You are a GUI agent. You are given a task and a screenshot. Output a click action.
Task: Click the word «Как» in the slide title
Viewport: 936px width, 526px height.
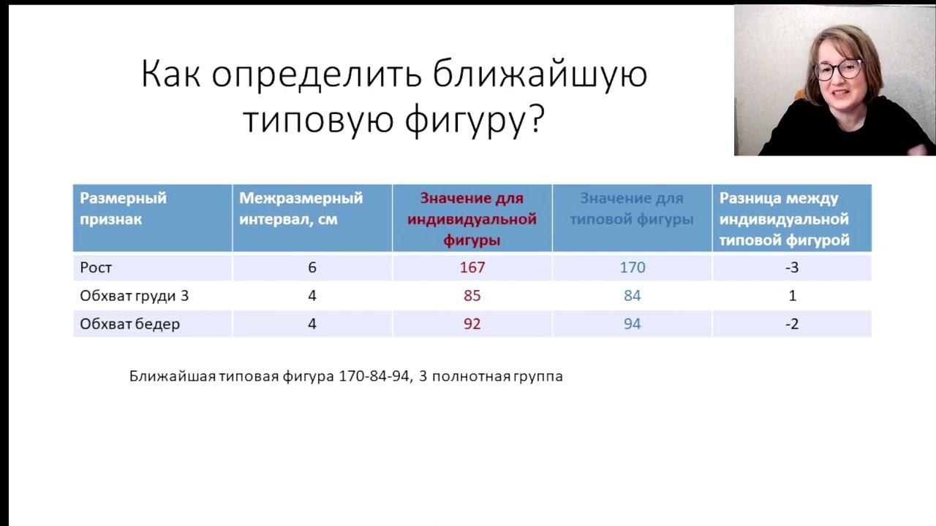point(170,75)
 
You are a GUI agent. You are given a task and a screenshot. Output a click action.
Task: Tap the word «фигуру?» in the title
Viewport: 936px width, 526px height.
point(475,119)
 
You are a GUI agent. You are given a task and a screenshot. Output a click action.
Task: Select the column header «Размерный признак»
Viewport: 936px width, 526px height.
point(123,208)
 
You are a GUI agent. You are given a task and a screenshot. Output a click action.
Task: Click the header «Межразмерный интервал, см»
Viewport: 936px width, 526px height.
point(301,208)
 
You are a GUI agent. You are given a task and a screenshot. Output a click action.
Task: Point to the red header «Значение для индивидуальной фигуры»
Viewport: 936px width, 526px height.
point(472,218)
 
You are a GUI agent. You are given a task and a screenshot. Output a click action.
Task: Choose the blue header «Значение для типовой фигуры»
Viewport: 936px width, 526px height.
point(632,208)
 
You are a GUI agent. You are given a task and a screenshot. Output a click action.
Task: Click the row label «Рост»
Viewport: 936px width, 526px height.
point(96,267)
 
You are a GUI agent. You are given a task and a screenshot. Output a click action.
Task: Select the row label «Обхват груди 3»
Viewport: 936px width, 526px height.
point(134,296)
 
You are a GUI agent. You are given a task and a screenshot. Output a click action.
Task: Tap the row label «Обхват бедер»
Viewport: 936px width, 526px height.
point(129,324)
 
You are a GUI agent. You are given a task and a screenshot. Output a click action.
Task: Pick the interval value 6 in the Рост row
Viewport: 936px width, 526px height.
point(312,267)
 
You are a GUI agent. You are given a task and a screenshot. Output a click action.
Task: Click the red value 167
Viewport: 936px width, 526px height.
point(472,267)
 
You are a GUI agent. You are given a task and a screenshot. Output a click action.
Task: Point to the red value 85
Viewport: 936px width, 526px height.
point(472,296)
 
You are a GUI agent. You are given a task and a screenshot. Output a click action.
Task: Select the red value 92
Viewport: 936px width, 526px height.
point(472,324)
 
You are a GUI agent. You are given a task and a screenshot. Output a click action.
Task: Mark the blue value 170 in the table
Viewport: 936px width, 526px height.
point(633,267)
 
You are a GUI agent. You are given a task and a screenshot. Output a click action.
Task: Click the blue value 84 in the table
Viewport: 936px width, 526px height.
point(633,296)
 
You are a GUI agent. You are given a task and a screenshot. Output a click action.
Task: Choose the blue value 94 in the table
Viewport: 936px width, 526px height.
point(633,324)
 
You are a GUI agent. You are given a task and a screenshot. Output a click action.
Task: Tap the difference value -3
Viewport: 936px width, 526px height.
point(792,267)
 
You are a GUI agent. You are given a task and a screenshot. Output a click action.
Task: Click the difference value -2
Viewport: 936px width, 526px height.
point(792,324)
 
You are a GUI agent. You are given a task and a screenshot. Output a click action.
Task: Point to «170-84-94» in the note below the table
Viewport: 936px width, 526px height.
point(374,376)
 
